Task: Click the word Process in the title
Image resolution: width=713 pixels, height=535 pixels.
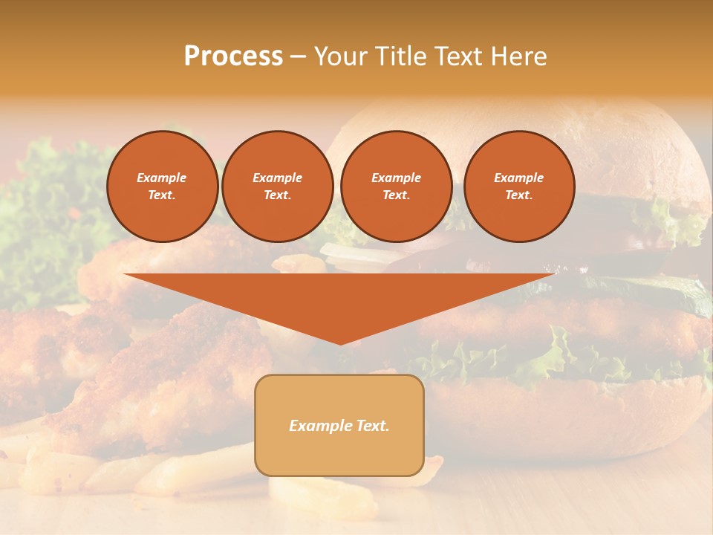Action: point(233,56)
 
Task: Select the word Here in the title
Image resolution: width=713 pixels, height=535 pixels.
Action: point(517,56)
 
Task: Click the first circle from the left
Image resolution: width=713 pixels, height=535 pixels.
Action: point(163,187)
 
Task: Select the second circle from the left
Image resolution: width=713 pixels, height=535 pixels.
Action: point(277,187)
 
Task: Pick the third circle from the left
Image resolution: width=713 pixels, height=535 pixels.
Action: point(396,187)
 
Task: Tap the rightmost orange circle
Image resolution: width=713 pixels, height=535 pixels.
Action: point(518,187)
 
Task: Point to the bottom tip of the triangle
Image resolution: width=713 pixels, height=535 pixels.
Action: point(340,343)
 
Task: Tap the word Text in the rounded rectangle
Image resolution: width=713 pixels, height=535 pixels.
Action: point(373,426)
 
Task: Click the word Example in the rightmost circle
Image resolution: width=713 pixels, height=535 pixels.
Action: point(518,178)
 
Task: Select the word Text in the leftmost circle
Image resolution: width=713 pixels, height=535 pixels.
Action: point(161,195)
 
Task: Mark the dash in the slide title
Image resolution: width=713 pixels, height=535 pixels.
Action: point(298,56)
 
